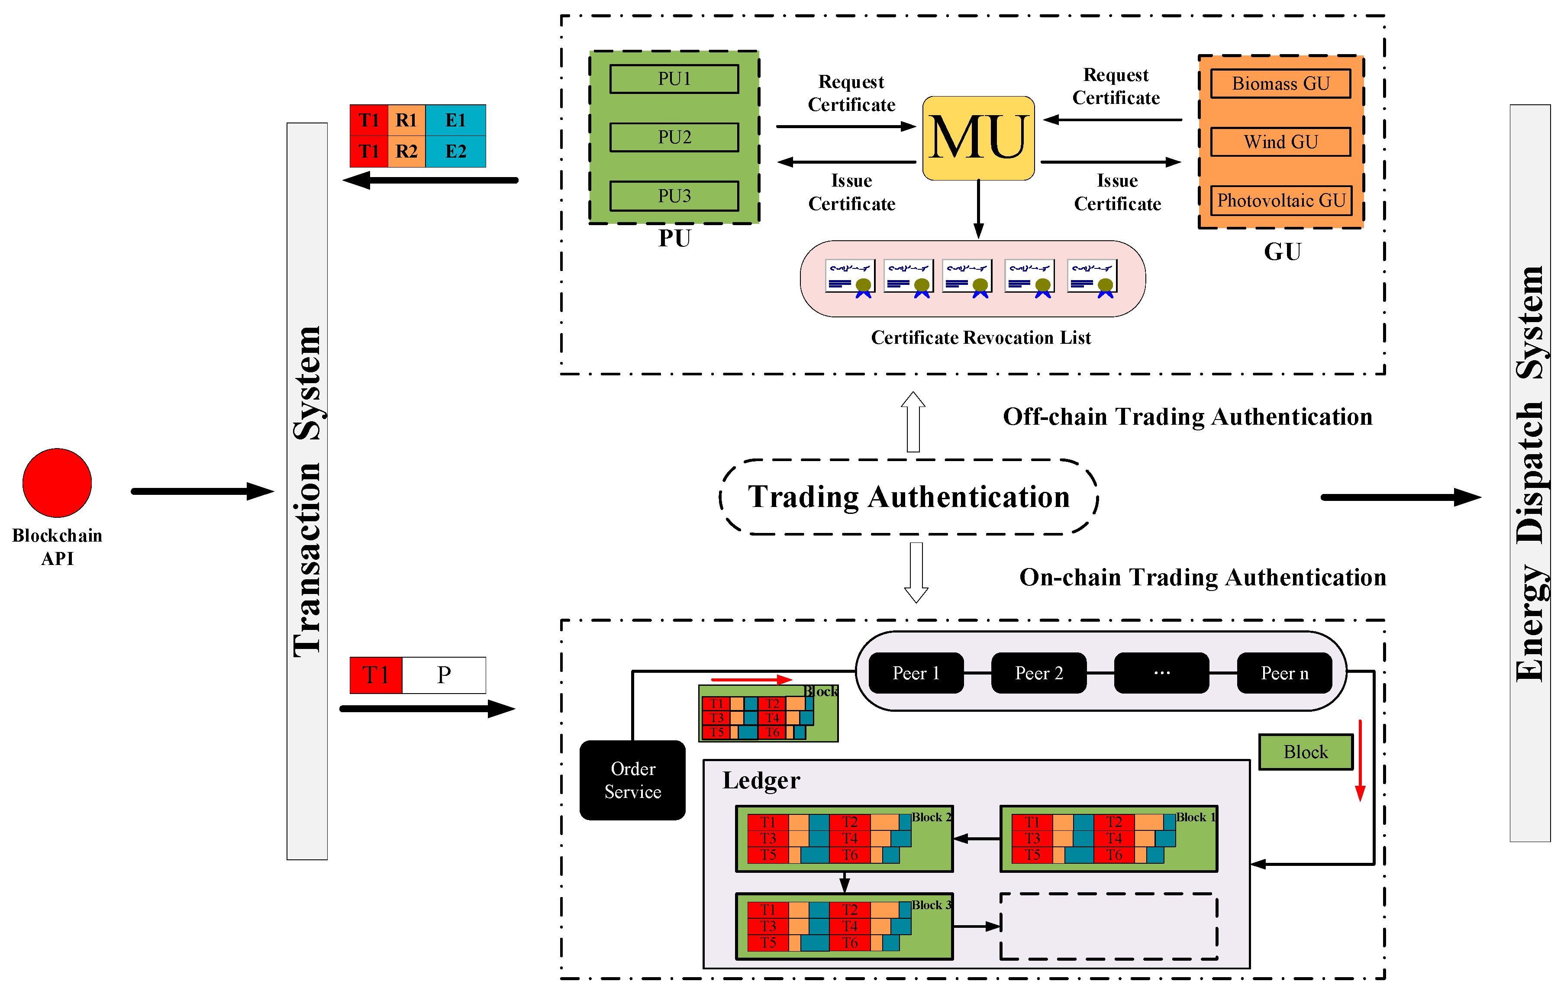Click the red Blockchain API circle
click(57, 482)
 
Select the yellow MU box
click(978, 138)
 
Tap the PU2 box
click(674, 137)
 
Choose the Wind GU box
click(1280, 142)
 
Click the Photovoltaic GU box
click(1280, 200)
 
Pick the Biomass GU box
click(1280, 84)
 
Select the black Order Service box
click(632, 780)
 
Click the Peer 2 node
click(1038, 673)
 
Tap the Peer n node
click(1283, 673)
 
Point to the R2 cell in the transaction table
click(406, 152)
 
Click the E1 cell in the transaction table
click(455, 120)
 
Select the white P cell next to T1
click(444, 675)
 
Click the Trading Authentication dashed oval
click(908, 497)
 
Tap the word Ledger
click(761, 780)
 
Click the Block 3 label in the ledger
click(931, 905)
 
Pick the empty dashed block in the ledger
click(1108, 926)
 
